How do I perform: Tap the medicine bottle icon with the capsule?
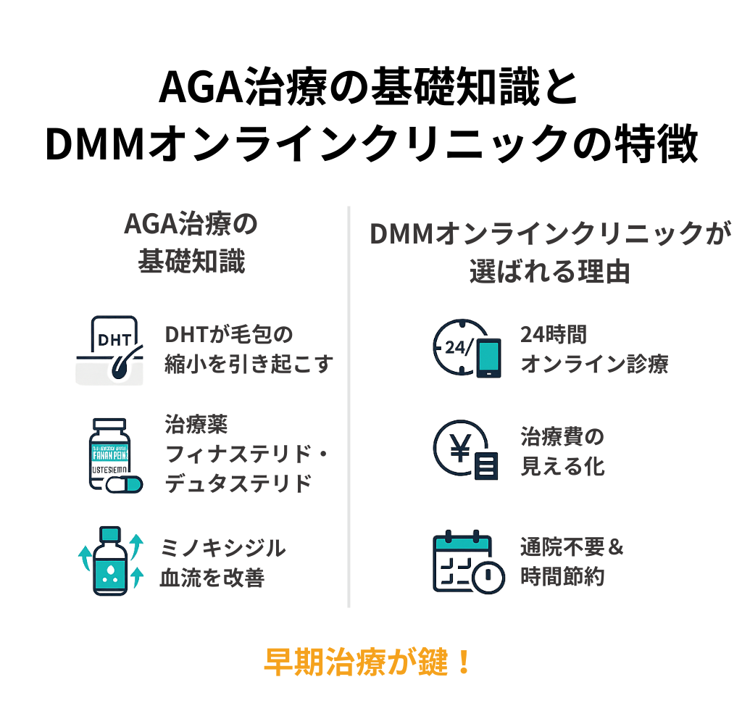click(x=113, y=456)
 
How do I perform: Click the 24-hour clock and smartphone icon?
click(x=467, y=348)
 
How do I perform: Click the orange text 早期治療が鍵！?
click(x=369, y=661)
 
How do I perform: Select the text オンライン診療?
click(x=594, y=364)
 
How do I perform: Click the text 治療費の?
click(x=562, y=437)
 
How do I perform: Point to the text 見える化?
click(x=562, y=466)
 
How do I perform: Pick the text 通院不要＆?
click(x=572, y=547)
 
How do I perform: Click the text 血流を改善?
click(x=212, y=578)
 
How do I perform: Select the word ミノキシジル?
click(x=223, y=548)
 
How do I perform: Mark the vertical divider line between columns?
click(x=349, y=406)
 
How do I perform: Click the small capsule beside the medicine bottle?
click(x=124, y=485)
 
